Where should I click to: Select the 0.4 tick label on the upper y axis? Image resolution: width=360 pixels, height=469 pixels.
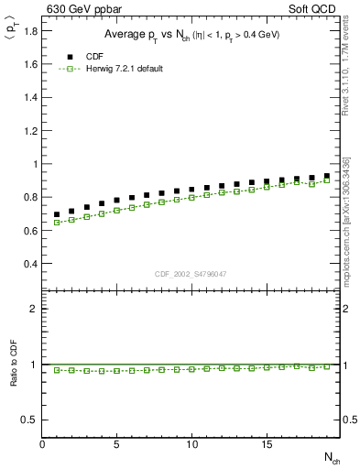(30, 264)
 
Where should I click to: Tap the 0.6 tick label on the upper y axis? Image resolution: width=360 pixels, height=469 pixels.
(30, 231)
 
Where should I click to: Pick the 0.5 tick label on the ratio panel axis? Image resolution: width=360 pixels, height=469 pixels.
(30, 420)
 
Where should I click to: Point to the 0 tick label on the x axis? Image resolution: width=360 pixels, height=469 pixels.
(42, 444)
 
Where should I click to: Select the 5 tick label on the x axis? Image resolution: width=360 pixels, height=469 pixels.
(117, 444)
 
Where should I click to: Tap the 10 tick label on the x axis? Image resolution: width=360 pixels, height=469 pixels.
(191, 444)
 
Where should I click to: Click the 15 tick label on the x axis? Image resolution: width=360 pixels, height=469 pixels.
(267, 444)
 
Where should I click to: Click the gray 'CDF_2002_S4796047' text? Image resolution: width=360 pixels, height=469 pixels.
(191, 274)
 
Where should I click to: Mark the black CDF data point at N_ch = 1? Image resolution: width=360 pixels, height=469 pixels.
(57, 214)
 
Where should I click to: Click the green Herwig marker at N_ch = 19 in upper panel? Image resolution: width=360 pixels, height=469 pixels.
(326, 180)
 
